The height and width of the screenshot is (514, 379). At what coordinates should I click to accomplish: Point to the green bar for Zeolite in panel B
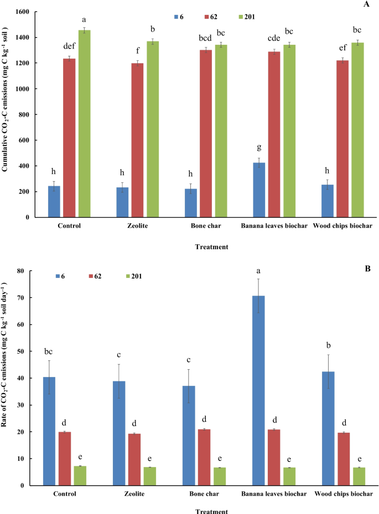tap(149, 476)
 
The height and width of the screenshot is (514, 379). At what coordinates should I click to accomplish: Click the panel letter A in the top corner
tap(366, 4)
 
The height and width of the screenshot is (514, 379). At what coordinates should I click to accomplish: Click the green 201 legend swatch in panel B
tap(133, 275)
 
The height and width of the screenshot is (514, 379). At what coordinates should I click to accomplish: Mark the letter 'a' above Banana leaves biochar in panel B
tap(259, 270)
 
